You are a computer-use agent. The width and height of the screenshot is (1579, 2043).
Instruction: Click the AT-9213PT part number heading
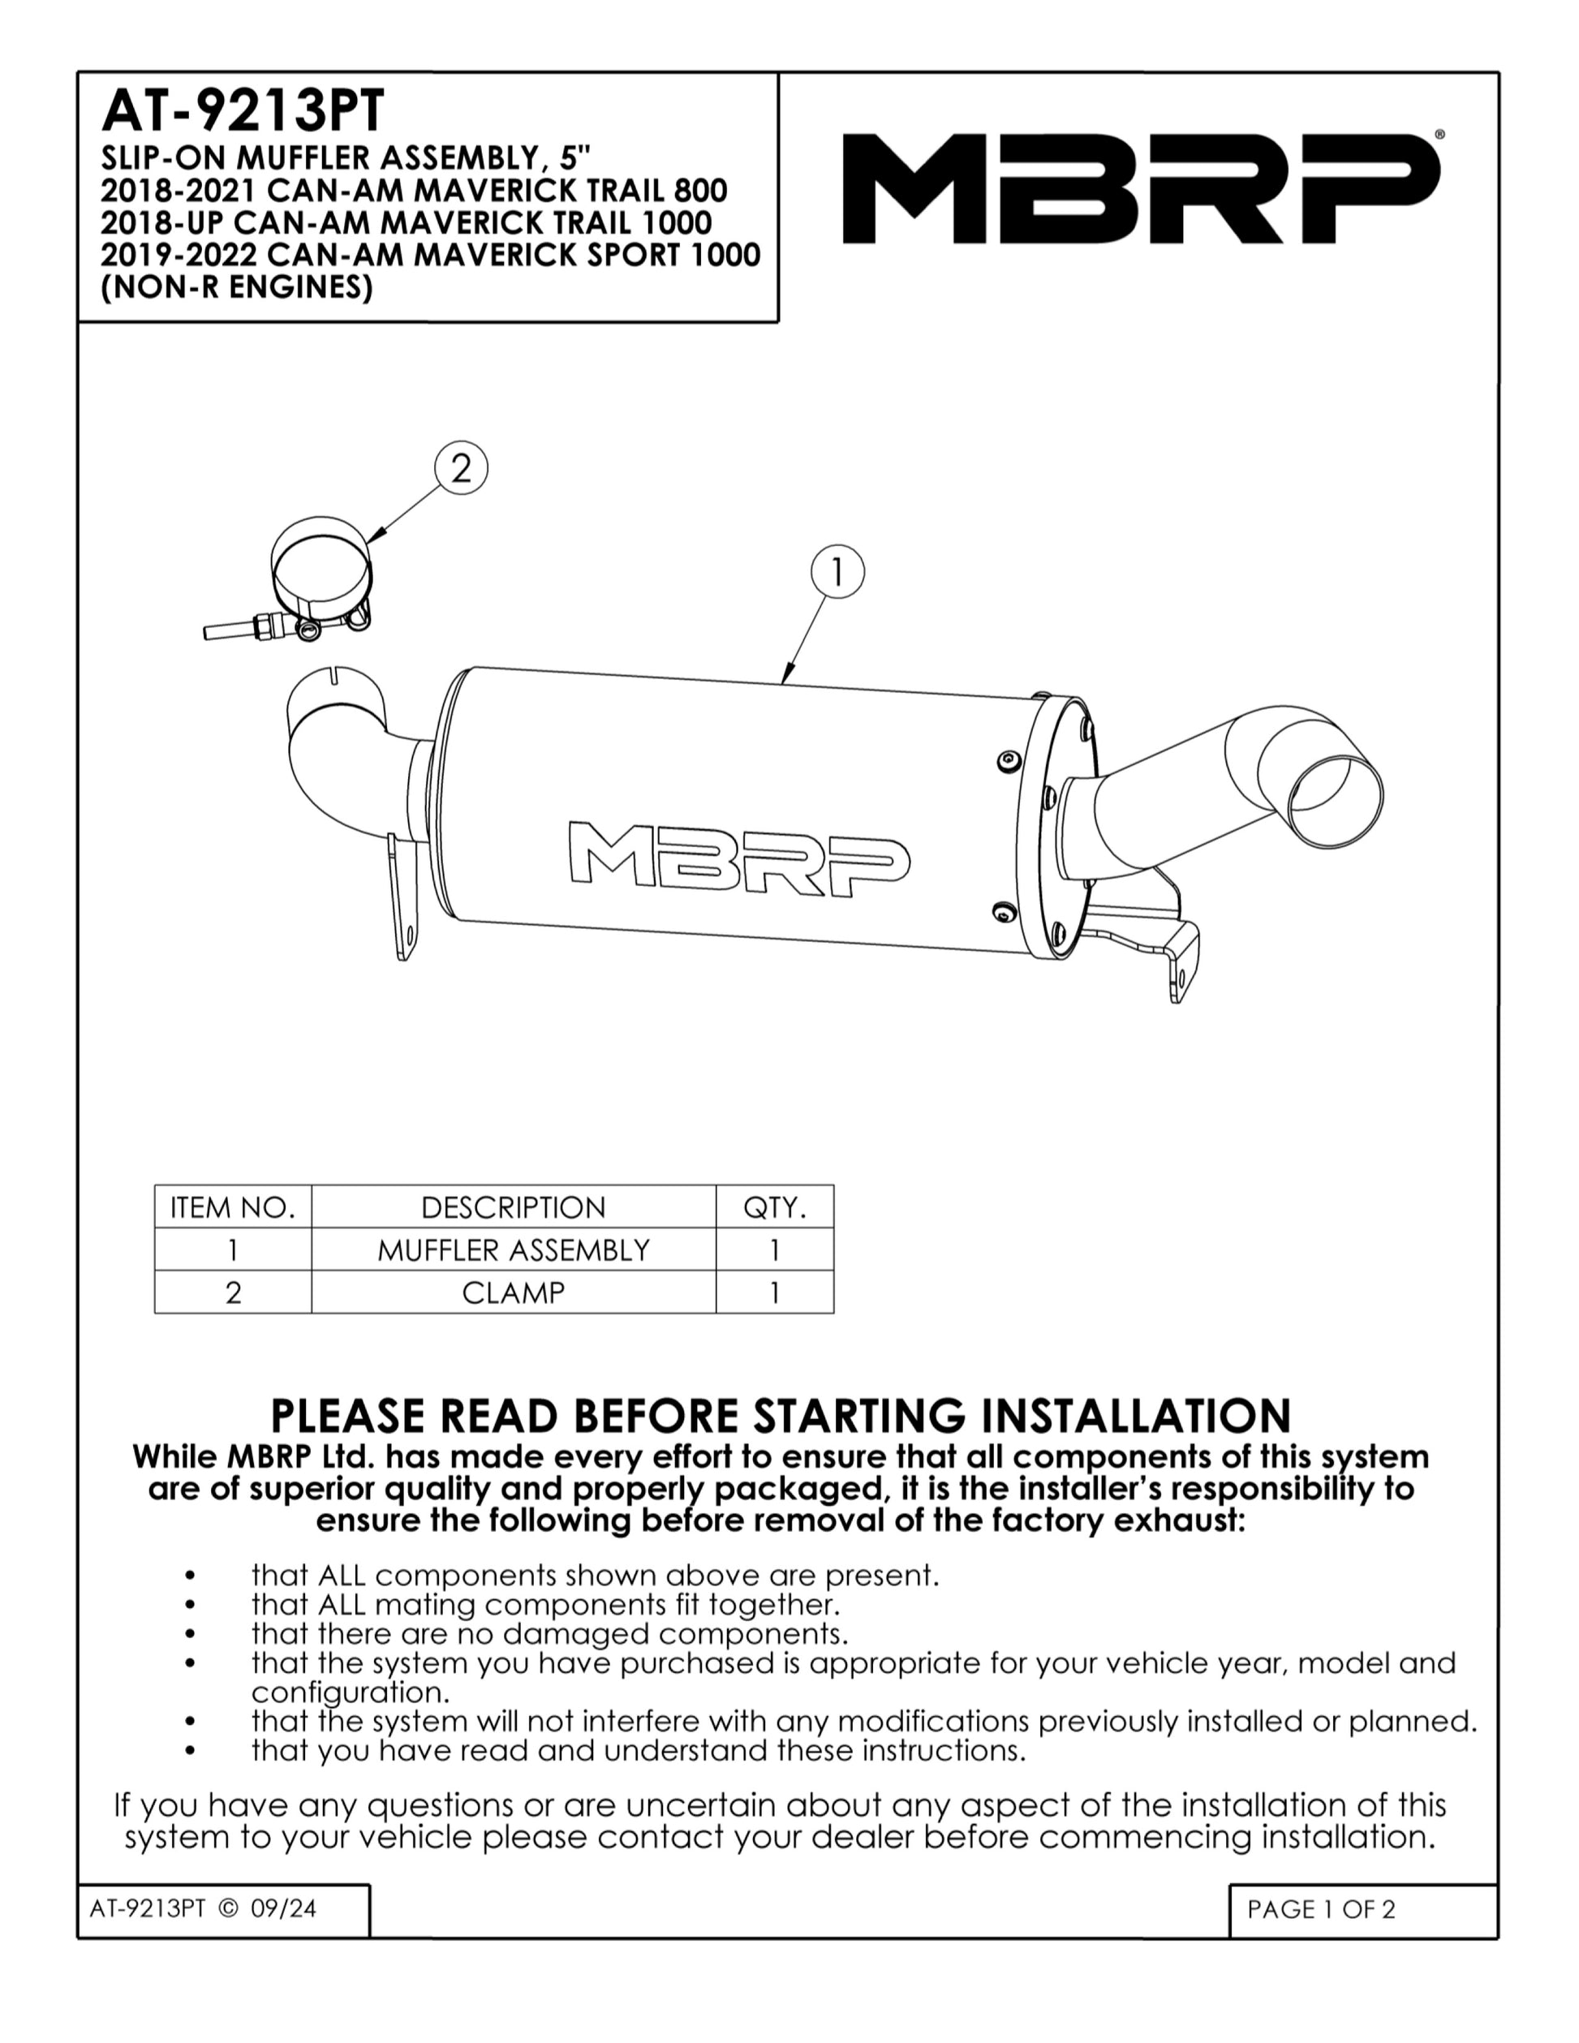coord(243,111)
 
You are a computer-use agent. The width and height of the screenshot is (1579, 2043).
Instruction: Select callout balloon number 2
coord(461,467)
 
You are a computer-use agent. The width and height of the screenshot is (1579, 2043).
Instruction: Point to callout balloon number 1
coord(837,571)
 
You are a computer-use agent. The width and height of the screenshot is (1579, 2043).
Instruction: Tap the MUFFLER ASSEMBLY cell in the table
coord(514,1249)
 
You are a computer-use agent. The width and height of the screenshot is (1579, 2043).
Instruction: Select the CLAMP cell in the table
coord(514,1292)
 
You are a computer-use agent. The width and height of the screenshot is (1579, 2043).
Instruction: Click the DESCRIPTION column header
coord(514,1207)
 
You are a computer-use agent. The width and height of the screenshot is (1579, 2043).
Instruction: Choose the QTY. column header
coord(775,1207)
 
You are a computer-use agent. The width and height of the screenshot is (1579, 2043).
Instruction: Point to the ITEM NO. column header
coord(233,1207)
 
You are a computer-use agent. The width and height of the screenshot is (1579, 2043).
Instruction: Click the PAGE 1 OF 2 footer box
coord(1363,1909)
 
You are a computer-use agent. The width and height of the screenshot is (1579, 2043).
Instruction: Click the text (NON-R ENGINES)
coord(237,287)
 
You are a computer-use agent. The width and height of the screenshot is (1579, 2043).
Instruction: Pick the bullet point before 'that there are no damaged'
coord(191,1635)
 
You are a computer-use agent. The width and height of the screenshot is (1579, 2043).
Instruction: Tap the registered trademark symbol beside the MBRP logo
coord(1439,135)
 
